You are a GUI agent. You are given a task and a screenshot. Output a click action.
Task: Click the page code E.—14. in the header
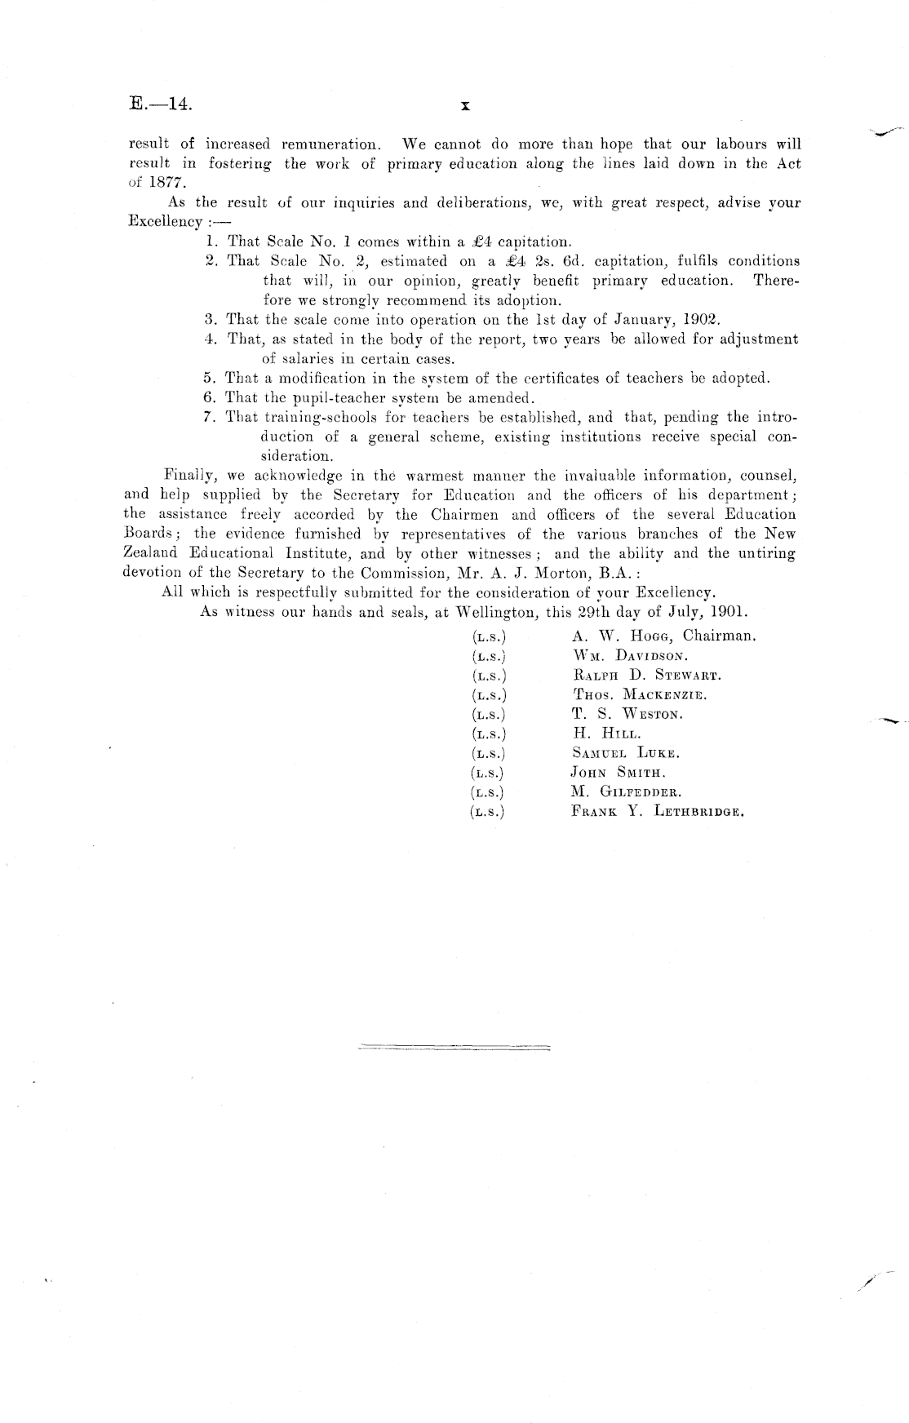(160, 104)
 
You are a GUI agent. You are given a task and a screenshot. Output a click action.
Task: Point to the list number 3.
(210, 319)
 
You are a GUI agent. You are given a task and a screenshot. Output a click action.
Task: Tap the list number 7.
(209, 417)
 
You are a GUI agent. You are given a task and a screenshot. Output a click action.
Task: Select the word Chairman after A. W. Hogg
(719, 636)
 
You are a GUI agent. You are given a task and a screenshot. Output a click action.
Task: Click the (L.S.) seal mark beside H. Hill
(489, 734)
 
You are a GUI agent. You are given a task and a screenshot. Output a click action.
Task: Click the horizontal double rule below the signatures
(454, 1046)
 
